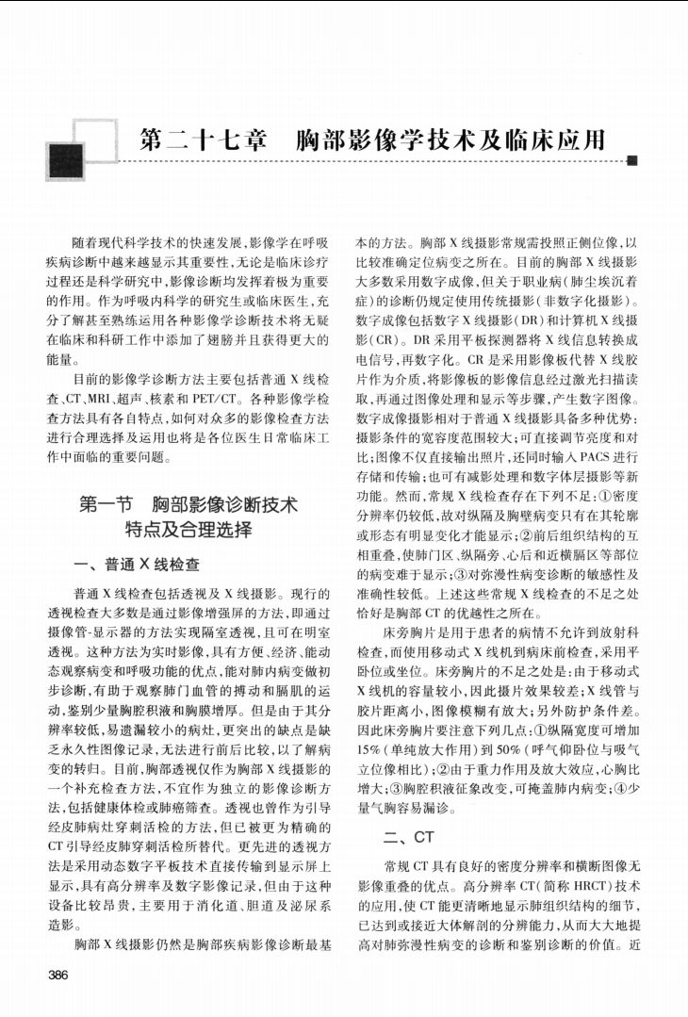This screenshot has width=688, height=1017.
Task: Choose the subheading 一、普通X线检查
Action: pyautogui.click(x=137, y=566)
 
